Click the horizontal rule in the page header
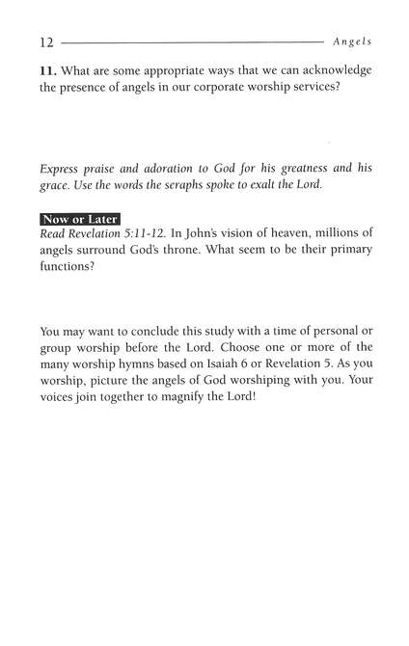coord(193,43)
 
